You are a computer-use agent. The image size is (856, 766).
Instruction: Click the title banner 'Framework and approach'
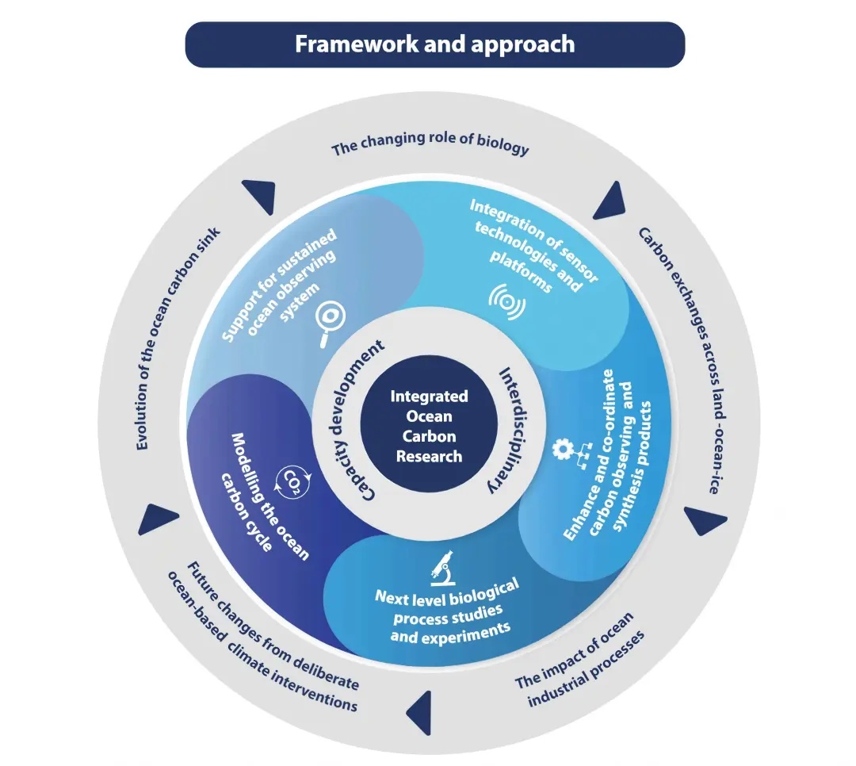[x=434, y=44]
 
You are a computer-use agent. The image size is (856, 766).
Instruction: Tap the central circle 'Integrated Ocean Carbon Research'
[x=429, y=426]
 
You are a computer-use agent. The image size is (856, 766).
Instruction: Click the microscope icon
[x=442, y=564]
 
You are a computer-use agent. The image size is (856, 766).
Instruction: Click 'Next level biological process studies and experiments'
[x=448, y=611]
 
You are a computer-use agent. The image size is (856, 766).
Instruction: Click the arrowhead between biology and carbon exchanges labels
[x=609, y=202]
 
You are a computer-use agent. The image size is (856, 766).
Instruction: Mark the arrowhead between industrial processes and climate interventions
[x=419, y=710]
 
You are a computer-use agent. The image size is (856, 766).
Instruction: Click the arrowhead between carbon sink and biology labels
[x=258, y=193]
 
